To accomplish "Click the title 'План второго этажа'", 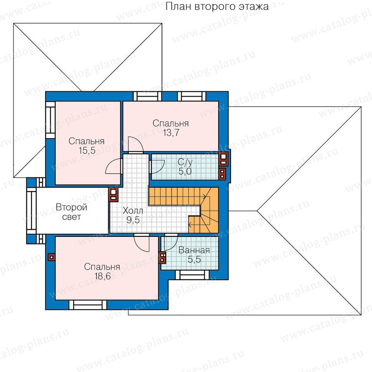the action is (x=217, y=6).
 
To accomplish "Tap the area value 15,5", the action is (x=87, y=150).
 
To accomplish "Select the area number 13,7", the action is (x=171, y=133).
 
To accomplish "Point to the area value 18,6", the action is (x=103, y=276).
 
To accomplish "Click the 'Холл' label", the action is (x=133, y=211).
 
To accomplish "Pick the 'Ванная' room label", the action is (x=194, y=250).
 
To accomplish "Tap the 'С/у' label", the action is (x=185, y=162).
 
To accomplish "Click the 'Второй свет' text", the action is (x=72, y=212).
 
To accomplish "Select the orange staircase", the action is (x=190, y=209).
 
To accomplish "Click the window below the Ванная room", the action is (x=192, y=275).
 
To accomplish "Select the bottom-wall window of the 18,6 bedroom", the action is (x=88, y=305).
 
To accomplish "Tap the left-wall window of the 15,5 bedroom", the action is (x=50, y=120).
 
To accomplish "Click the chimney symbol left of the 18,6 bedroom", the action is (x=52, y=257).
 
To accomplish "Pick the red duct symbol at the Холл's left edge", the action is (x=113, y=195).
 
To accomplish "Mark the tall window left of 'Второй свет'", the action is (x=31, y=211).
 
